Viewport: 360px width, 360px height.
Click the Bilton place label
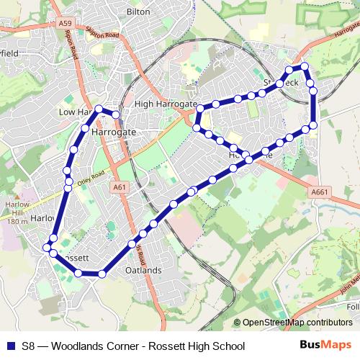tap(138, 12)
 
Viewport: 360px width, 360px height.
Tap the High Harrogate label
tap(166, 104)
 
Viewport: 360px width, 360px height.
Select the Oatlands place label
tap(143, 270)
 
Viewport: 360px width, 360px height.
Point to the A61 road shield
tap(120, 187)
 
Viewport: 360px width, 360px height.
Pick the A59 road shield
tap(66, 24)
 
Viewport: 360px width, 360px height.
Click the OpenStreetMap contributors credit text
tap(297, 322)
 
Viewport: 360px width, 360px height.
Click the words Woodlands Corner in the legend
tap(96, 346)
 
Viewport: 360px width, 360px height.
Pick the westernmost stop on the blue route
tap(47, 247)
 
